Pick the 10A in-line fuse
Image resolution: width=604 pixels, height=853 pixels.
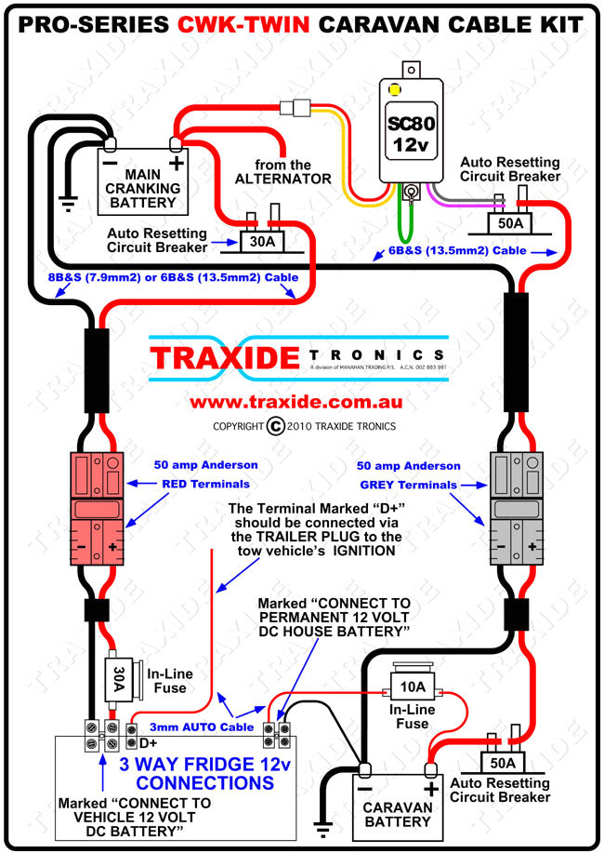[x=410, y=687]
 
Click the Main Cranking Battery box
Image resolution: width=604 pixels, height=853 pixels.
[x=142, y=177]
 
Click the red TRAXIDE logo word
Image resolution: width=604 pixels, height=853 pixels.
[x=226, y=356]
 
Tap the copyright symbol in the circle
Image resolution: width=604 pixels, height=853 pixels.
[x=274, y=426]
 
